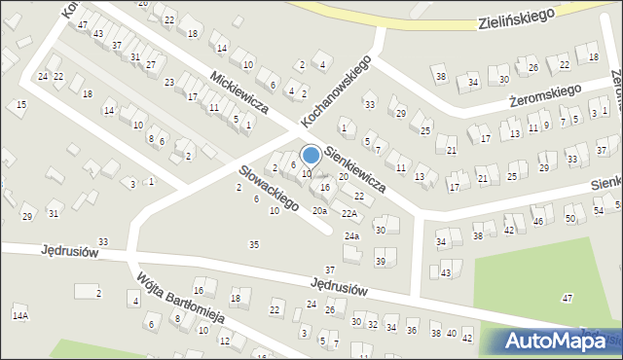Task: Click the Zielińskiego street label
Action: pos(517,18)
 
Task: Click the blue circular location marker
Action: pos(311,155)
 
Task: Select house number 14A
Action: pos(20,316)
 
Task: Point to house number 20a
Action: pos(318,210)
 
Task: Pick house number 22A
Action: pos(348,213)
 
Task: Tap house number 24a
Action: pos(351,236)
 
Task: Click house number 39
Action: pos(381,262)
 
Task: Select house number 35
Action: pos(254,244)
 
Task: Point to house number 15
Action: pos(21,104)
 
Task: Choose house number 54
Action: pos(597,210)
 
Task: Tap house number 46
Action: pos(537,223)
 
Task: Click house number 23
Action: pos(169,83)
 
